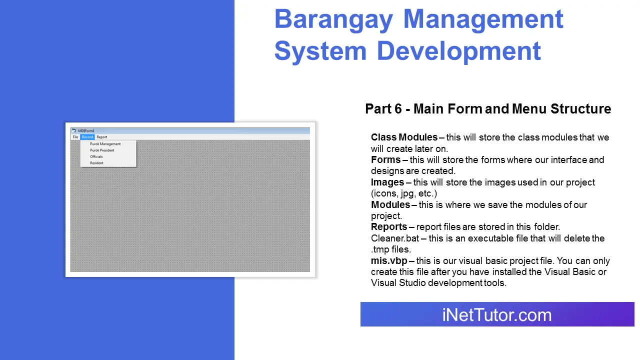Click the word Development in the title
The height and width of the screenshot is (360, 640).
pyautogui.click(x=458, y=51)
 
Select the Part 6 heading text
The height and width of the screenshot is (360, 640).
pyautogui.click(x=488, y=109)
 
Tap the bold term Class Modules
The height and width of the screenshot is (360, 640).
pyautogui.click(x=404, y=137)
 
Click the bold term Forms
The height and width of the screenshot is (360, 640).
pyautogui.click(x=385, y=160)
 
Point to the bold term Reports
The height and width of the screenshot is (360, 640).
pyautogui.click(x=389, y=227)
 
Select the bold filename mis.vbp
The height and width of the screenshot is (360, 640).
pyautogui.click(x=389, y=261)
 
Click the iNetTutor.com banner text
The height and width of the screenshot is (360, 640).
pyautogui.click(x=496, y=315)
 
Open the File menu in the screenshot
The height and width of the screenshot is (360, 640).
pyautogui.click(x=75, y=137)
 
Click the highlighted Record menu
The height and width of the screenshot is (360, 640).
pyautogui.click(x=87, y=137)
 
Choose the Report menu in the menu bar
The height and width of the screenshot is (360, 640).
pyautogui.click(x=101, y=137)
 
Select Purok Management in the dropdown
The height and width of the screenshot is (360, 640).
pyautogui.click(x=105, y=144)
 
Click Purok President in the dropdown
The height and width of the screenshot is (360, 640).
pyautogui.click(x=102, y=150)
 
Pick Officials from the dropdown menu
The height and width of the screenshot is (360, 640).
pyautogui.click(x=96, y=156)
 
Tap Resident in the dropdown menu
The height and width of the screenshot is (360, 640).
pyautogui.click(x=96, y=163)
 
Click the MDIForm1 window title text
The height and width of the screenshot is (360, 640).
pyautogui.click(x=86, y=131)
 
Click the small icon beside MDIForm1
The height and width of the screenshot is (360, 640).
pyautogui.click(x=74, y=131)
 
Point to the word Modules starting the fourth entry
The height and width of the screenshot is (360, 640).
pyautogui.click(x=390, y=205)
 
